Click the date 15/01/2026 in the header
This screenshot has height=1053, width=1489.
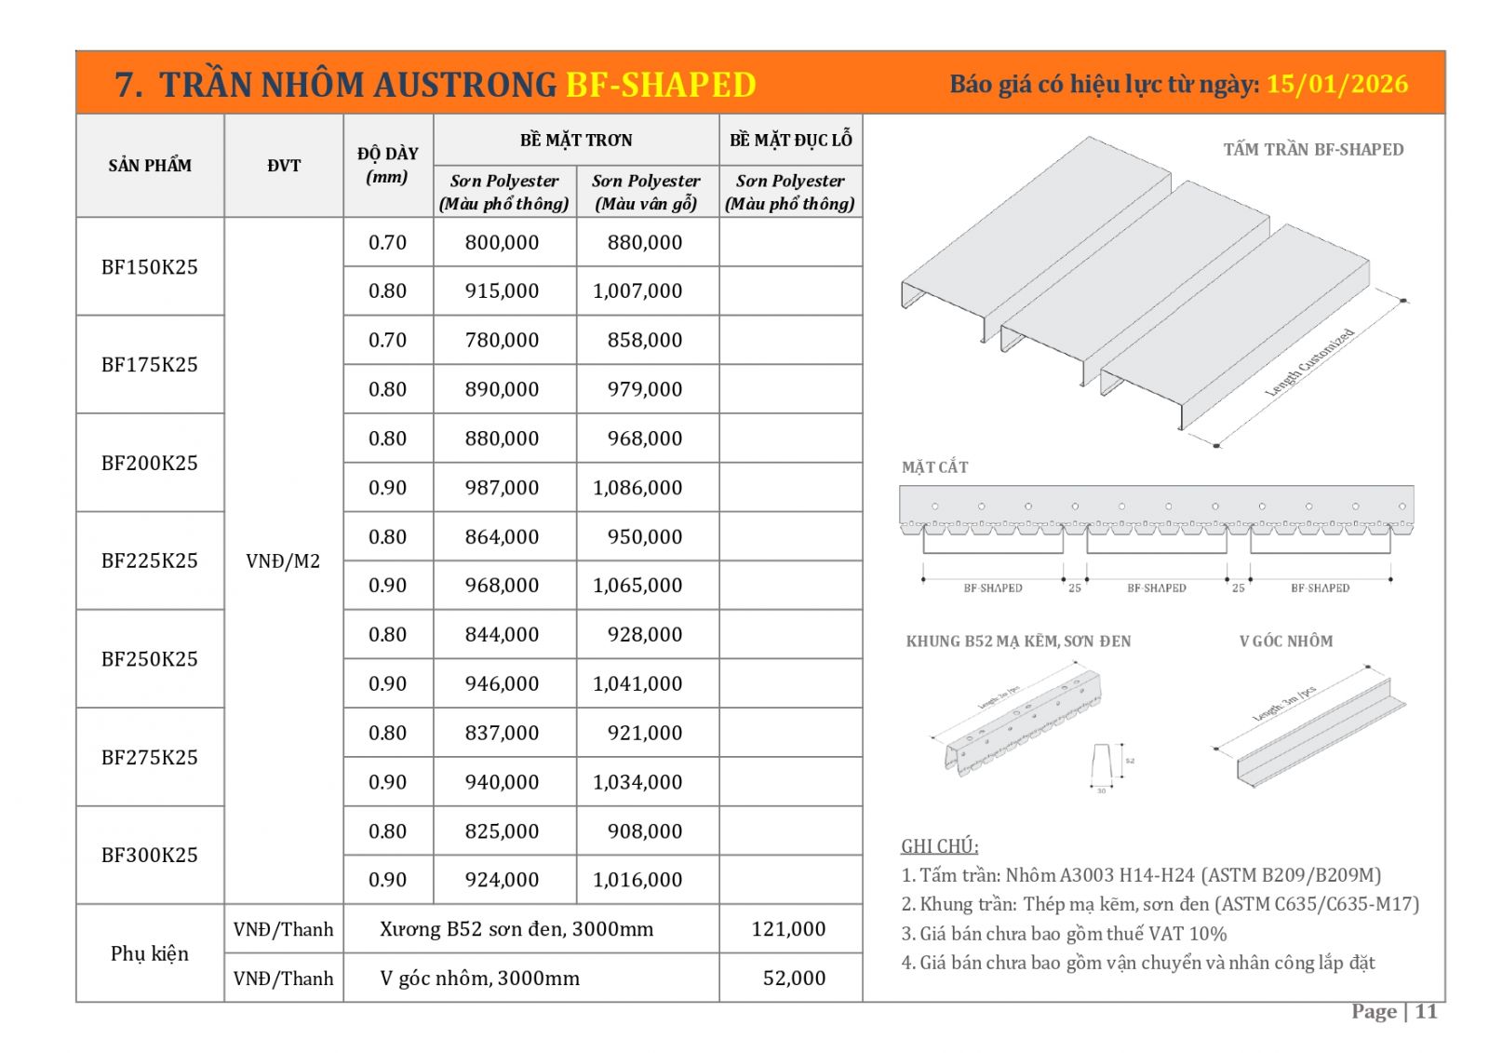click(x=1336, y=84)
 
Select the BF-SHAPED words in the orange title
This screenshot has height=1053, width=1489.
click(x=661, y=85)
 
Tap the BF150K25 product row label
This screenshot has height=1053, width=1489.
click(x=150, y=267)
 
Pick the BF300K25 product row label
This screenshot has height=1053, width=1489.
click(x=150, y=855)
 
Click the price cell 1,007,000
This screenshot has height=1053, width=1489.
click(x=637, y=291)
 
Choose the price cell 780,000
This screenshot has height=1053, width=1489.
click(x=502, y=341)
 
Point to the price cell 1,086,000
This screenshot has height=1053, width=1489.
click(x=637, y=488)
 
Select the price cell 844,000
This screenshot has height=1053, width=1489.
click(x=502, y=635)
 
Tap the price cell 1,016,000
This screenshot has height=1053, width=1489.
click(x=637, y=880)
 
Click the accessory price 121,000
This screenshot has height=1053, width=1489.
click(x=788, y=929)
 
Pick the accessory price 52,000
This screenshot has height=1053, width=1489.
click(x=794, y=979)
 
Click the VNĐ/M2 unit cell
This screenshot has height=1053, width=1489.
click(x=283, y=561)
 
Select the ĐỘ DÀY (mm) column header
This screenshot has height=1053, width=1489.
click(x=388, y=165)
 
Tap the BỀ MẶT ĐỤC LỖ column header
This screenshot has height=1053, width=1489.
click(x=791, y=140)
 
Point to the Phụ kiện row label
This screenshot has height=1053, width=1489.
click(x=150, y=953)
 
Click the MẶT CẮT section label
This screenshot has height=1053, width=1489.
click(x=934, y=467)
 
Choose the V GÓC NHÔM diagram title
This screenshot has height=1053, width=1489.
click(x=1286, y=641)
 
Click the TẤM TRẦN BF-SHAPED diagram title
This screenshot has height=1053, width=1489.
click(x=1313, y=149)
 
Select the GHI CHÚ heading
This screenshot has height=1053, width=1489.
click(x=939, y=846)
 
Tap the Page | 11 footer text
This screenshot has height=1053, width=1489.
click(x=1394, y=1012)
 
